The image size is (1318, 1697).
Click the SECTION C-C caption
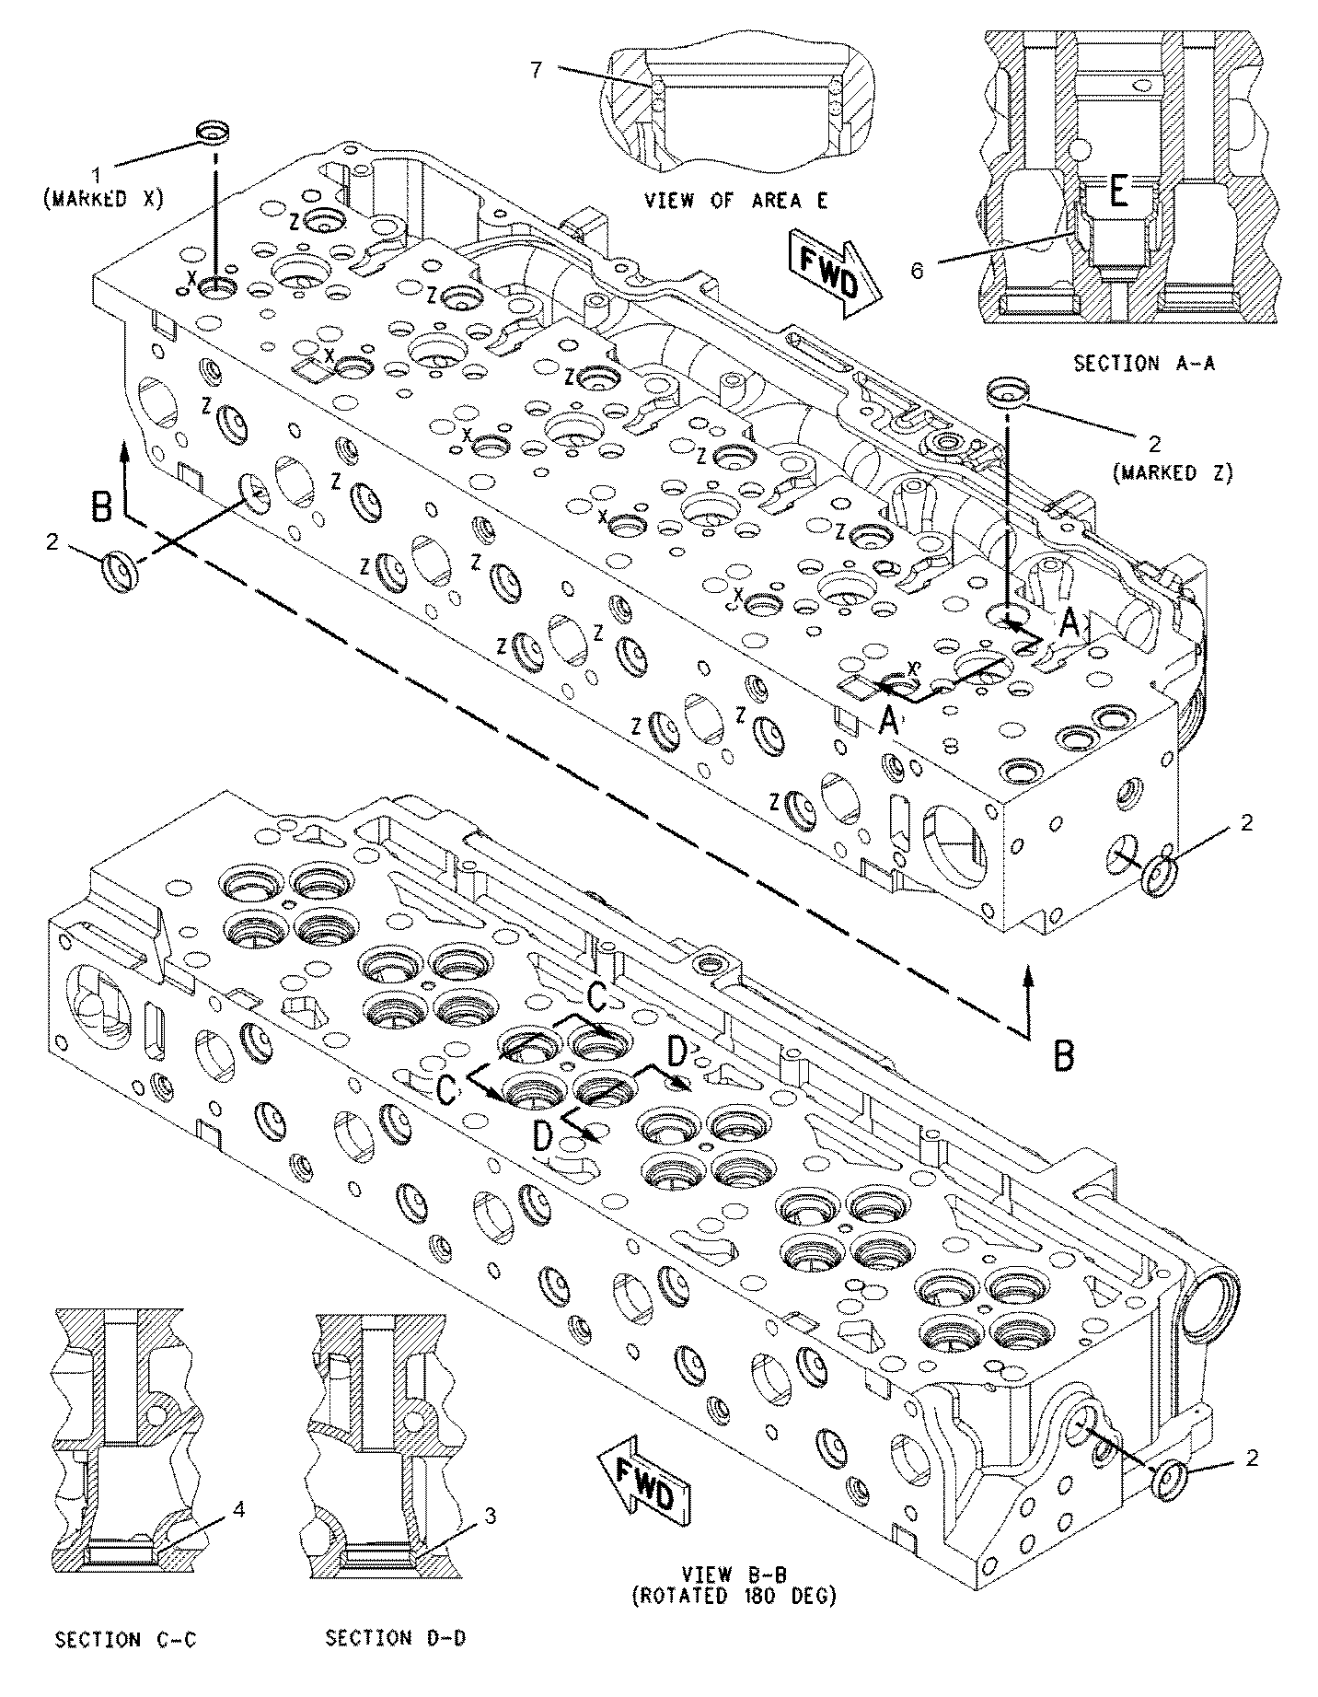[x=126, y=1639]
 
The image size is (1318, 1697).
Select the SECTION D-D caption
[x=395, y=1638]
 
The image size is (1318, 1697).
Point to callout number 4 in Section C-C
[x=238, y=1509]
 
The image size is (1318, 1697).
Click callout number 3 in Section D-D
[x=491, y=1515]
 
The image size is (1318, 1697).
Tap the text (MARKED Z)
[x=1172, y=472]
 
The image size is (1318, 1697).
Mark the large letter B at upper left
[x=102, y=508]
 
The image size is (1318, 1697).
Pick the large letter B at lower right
[x=1064, y=1056]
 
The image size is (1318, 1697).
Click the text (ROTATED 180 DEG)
[x=734, y=1596]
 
